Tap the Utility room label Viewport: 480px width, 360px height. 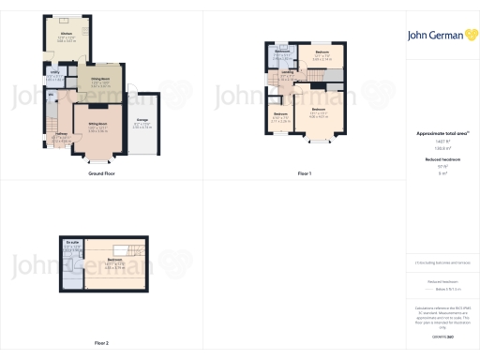[x=55, y=71]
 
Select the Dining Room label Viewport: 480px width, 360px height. [x=100, y=79]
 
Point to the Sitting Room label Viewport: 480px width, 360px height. [x=97, y=124]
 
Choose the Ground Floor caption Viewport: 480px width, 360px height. [x=100, y=174]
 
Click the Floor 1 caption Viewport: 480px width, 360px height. [x=304, y=174]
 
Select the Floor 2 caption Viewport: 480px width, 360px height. [x=100, y=343]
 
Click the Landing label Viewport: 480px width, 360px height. [x=289, y=73]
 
